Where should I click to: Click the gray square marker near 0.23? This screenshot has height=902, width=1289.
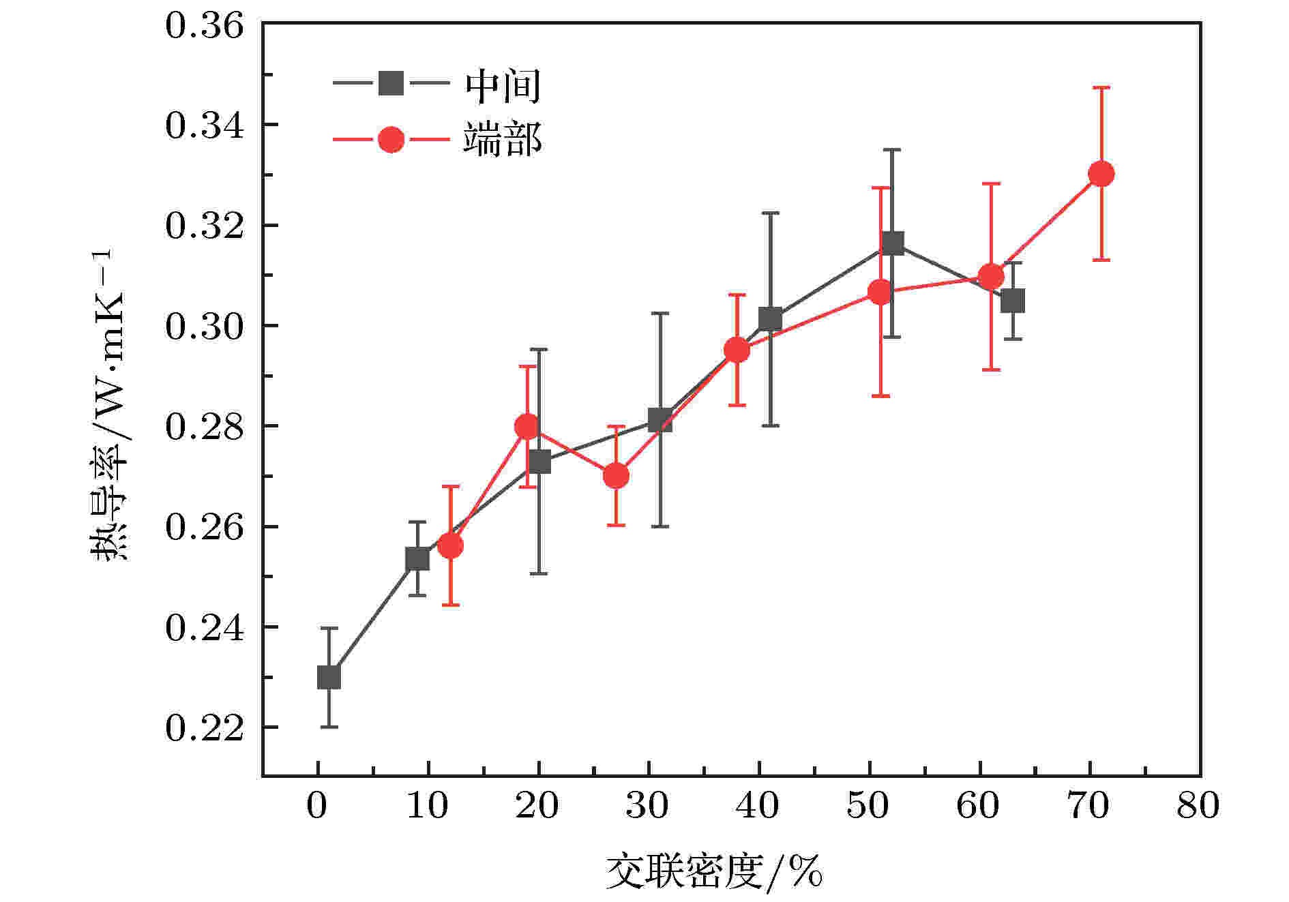(x=329, y=677)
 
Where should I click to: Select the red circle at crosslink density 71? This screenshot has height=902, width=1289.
(x=1101, y=174)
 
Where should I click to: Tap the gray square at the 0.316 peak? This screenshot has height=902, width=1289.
(x=892, y=243)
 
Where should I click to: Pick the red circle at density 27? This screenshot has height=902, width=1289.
(x=616, y=476)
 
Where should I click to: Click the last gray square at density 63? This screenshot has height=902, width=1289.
(x=1013, y=301)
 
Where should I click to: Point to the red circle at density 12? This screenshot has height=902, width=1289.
(x=450, y=545)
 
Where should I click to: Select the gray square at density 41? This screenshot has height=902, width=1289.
(x=770, y=318)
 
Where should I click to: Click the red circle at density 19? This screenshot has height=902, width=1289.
(x=527, y=427)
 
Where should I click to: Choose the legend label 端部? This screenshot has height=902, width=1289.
(x=503, y=140)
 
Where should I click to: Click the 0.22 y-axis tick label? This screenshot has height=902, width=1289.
(x=204, y=727)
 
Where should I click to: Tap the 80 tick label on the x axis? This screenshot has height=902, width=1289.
(x=1198, y=807)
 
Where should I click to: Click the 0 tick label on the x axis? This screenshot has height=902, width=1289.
(x=317, y=807)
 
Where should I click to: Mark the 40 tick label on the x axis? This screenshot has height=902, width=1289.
(x=758, y=807)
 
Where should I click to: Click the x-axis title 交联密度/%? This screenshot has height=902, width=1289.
(x=713, y=871)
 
